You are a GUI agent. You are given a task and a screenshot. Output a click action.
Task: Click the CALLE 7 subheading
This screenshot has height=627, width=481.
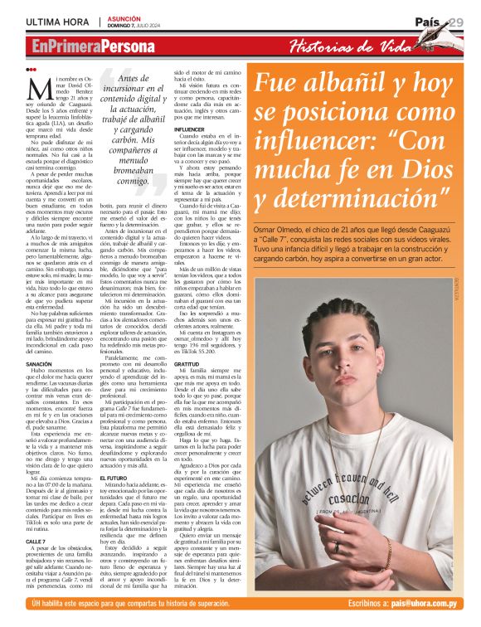(36, 540)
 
